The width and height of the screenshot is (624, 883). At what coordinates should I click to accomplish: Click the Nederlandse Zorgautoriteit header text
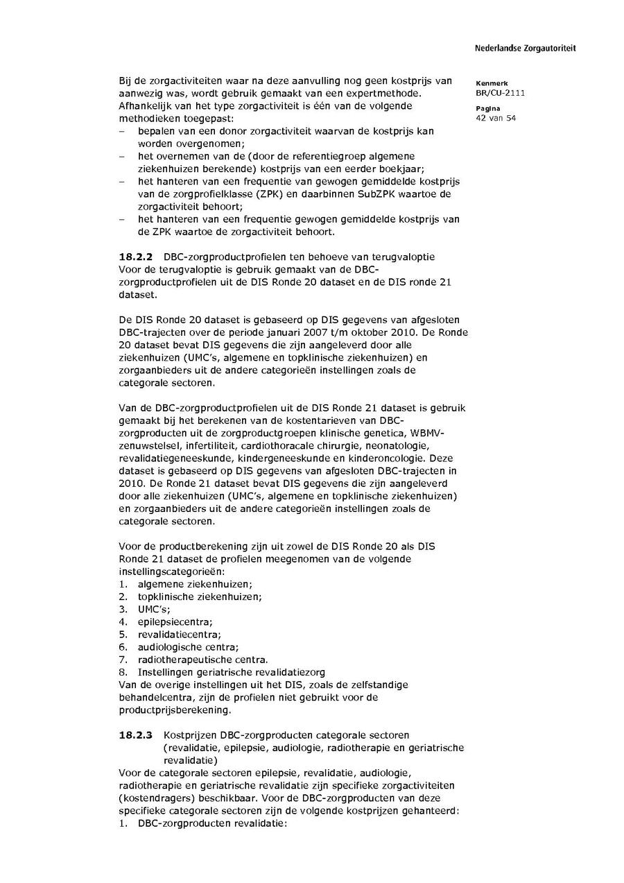pos(525,49)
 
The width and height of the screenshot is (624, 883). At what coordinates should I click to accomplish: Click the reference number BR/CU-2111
pos(500,92)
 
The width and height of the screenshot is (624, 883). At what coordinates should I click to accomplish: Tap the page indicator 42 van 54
pos(496,118)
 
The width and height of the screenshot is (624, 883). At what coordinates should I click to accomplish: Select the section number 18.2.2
pos(136,257)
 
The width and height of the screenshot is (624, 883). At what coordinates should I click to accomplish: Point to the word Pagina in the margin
pos(489,109)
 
